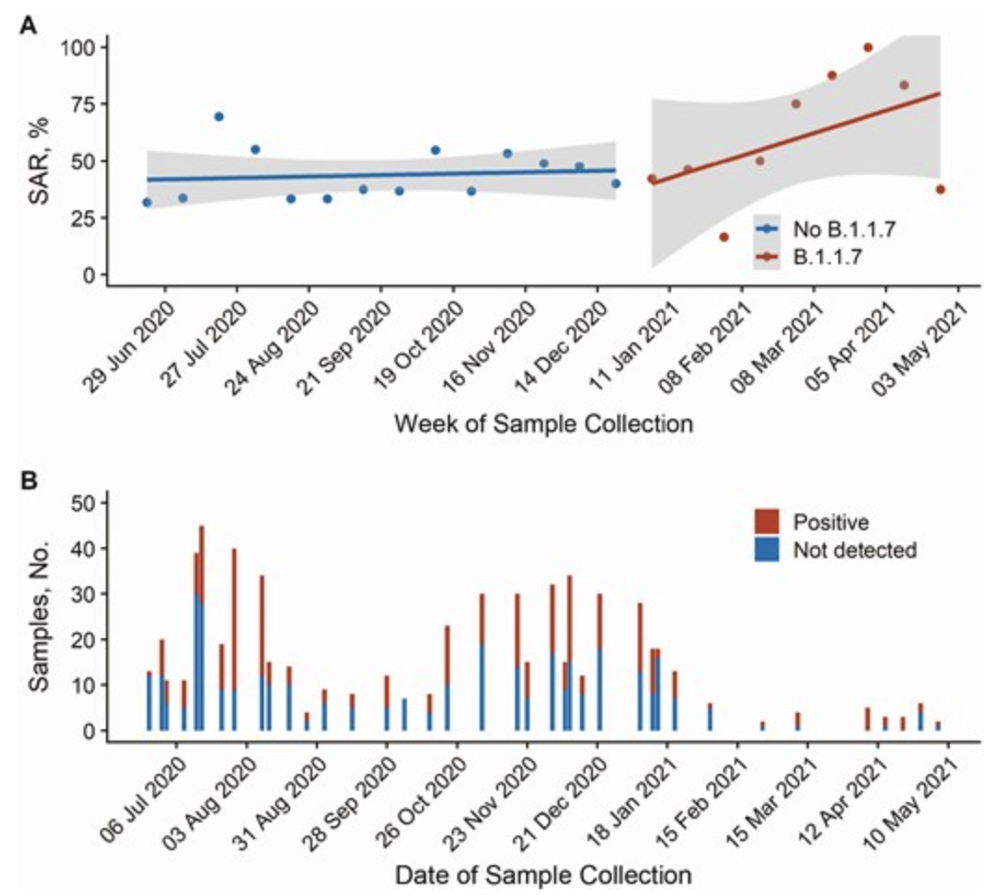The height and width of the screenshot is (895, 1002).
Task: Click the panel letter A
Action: pyautogui.click(x=30, y=27)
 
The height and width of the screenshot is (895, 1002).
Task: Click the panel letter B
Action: pyautogui.click(x=30, y=482)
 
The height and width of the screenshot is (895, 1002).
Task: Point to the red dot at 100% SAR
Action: pyautogui.click(x=868, y=47)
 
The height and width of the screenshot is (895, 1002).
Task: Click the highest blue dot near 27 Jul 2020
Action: pyautogui.click(x=218, y=116)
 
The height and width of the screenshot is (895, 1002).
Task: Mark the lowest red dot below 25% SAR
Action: pyautogui.click(x=723, y=237)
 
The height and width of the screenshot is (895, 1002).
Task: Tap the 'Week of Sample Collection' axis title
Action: pyautogui.click(x=543, y=424)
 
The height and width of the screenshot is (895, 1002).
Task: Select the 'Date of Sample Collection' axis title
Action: pyautogui.click(x=543, y=875)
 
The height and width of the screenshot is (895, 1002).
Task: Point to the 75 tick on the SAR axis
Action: pyautogui.click(x=85, y=103)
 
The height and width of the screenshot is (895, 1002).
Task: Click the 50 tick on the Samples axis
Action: pyautogui.click(x=85, y=503)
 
